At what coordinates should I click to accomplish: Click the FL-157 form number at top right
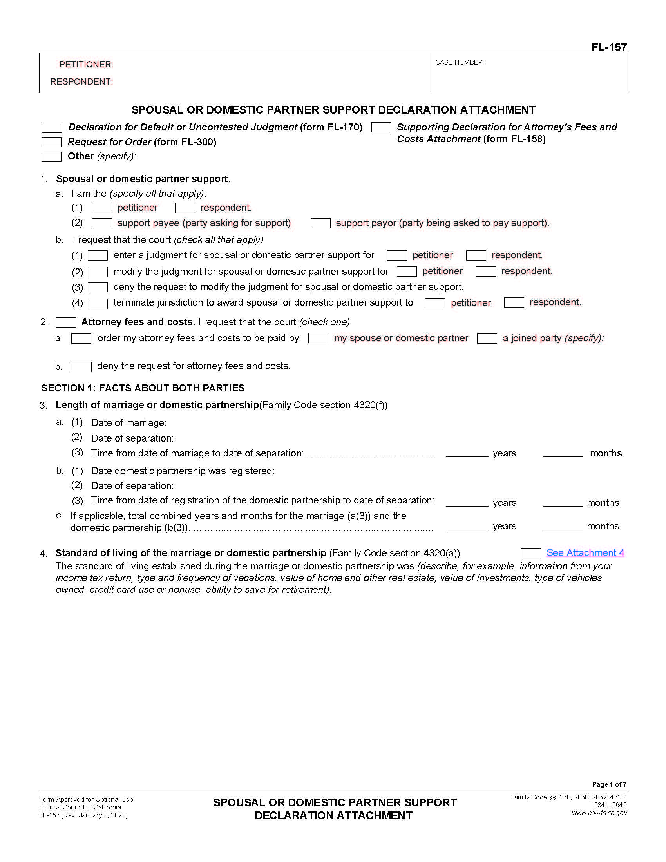608,47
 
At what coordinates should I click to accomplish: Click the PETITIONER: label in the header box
86,64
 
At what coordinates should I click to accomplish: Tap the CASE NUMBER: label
459,62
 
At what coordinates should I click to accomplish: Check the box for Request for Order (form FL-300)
51,142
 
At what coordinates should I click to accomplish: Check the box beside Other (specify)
51,157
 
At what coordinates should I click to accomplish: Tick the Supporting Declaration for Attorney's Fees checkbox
381,127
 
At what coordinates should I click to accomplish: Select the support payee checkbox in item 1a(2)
102,223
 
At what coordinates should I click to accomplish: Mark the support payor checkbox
320,223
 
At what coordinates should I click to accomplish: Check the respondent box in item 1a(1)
185,208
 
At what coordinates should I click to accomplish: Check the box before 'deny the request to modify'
98,287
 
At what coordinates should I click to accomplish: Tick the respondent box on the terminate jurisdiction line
514,303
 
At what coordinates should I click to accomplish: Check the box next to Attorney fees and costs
66,322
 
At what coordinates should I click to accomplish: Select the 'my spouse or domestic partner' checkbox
318,339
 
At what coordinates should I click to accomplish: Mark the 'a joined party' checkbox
487,339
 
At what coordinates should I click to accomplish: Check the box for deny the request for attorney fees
81,367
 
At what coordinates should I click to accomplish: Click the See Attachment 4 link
585,553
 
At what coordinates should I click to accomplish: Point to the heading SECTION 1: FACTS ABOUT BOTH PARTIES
143,388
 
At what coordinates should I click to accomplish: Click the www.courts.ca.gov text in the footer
599,813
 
